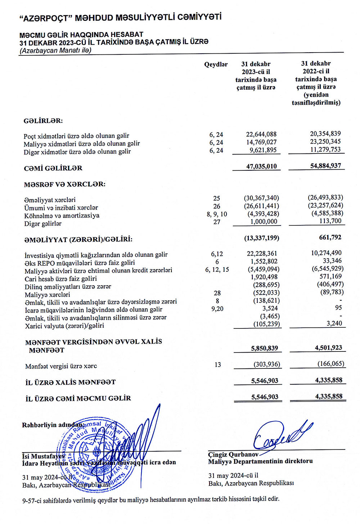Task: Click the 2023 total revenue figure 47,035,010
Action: (261, 166)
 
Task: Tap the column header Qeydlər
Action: (216, 64)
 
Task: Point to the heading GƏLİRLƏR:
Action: (43, 121)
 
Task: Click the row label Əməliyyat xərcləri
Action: (50, 200)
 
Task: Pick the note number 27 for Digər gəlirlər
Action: (217, 222)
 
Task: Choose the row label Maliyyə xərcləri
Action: (48, 295)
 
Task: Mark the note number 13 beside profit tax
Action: (217, 365)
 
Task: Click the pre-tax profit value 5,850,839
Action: (264, 348)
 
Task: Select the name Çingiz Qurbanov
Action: (233, 454)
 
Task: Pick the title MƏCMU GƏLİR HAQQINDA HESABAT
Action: (81, 35)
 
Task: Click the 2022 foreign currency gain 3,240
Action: (334, 323)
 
